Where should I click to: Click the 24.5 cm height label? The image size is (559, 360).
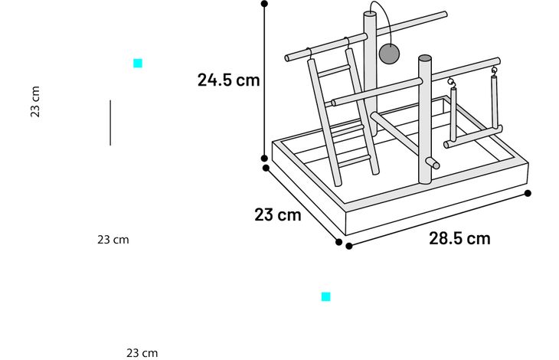pyautogui.click(x=228, y=80)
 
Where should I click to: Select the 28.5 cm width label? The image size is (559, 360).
pyautogui.click(x=459, y=238)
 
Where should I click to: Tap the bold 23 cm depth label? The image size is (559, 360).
pyautogui.click(x=278, y=214)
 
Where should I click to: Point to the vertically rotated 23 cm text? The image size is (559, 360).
pyautogui.click(x=35, y=102)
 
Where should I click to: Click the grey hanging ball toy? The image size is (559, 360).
pyautogui.click(x=389, y=54)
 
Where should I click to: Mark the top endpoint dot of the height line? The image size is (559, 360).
pyautogui.click(x=264, y=4)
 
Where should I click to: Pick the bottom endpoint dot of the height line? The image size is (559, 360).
pyautogui.click(x=264, y=159)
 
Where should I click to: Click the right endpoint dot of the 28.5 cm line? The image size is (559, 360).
pyautogui.click(x=528, y=193)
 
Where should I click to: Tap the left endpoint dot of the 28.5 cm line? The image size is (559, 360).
pyautogui.click(x=349, y=246)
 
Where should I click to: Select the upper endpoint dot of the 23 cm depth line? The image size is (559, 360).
pyautogui.click(x=266, y=168)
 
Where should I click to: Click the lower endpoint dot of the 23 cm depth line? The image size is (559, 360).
pyautogui.click(x=339, y=242)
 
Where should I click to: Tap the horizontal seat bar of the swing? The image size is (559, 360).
pyautogui.click(x=472, y=136)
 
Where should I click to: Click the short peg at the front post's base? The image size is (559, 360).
pyautogui.click(x=433, y=163)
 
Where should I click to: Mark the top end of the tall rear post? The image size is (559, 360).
pyautogui.click(x=370, y=14)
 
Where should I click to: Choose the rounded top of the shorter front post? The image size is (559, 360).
pyautogui.click(x=424, y=58)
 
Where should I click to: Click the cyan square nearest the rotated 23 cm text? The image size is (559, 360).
pyautogui.click(x=138, y=64)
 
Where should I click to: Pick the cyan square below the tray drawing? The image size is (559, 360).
pyautogui.click(x=326, y=297)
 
